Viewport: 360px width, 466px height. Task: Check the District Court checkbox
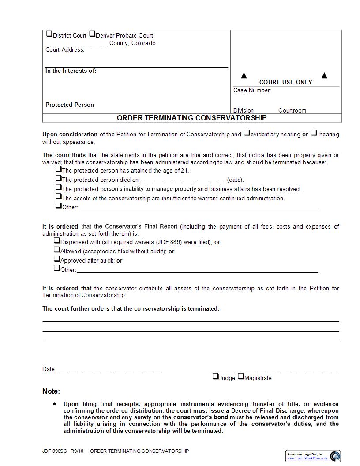[49, 34]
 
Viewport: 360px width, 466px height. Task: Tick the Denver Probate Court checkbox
[92, 34]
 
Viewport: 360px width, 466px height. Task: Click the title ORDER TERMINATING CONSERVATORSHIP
[191, 118]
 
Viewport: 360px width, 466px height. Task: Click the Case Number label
[252, 90]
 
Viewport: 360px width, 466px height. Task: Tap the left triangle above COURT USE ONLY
[244, 75]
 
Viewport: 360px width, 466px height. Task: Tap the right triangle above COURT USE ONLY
[324, 75]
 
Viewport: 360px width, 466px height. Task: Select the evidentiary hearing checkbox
[247, 132]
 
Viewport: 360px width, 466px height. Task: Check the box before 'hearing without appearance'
[314, 132]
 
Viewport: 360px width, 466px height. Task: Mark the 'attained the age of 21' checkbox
[58, 169]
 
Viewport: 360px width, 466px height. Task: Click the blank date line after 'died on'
[182, 180]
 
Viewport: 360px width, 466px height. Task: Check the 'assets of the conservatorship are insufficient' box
[58, 196]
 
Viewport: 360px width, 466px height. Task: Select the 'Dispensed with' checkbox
[56, 241]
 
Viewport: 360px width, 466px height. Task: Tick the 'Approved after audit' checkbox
[56, 259]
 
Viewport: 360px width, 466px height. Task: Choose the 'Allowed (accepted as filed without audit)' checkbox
[56, 249]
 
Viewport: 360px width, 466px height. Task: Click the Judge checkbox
[215, 376]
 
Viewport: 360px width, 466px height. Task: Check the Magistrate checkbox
[240, 376]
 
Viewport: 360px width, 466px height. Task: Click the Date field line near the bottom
[109, 370]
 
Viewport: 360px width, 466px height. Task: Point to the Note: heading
[51, 391]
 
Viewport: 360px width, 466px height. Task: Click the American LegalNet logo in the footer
[313, 456]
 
